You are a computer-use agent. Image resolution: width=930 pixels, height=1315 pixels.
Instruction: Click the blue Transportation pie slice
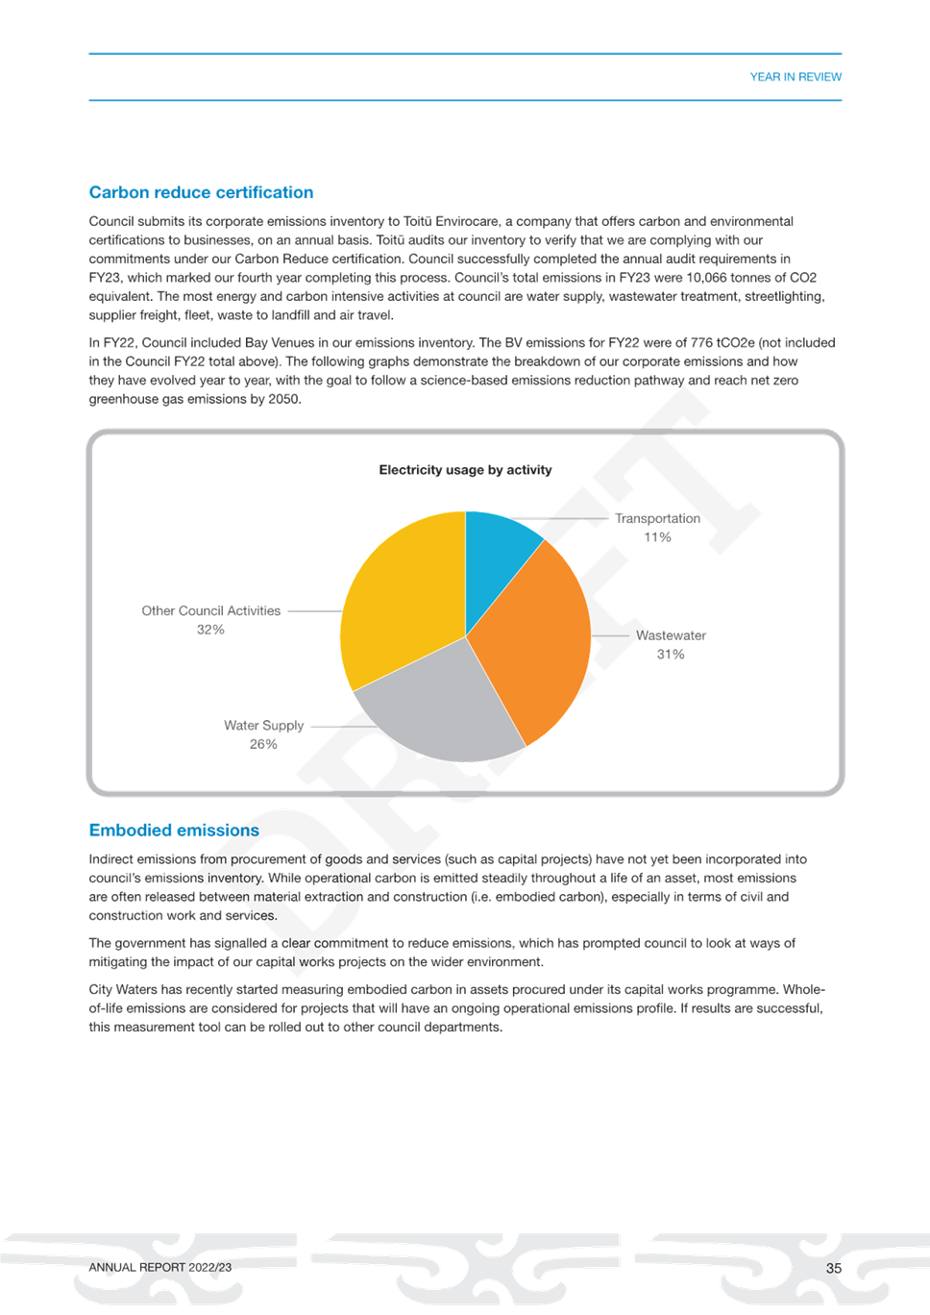click(x=498, y=558)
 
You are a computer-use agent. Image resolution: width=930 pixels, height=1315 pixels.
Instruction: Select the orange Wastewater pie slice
click(x=534, y=640)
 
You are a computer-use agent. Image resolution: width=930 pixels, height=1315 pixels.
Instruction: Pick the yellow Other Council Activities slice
click(x=399, y=599)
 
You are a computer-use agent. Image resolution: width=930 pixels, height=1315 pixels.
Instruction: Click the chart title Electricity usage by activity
click(x=465, y=470)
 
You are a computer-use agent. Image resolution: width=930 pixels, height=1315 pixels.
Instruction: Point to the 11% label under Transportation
click(x=657, y=537)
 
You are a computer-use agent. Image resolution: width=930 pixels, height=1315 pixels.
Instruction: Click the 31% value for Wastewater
click(x=671, y=654)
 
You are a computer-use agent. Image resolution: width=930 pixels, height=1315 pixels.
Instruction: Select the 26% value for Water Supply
click(x=263, y=744)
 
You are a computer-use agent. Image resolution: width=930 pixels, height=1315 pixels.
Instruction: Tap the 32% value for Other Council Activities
click(x=210, y=630)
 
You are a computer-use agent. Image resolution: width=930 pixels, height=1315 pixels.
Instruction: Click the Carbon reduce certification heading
click(x=201, y=192)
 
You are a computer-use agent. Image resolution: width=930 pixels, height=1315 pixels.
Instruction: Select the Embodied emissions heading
click(x=174, y=831)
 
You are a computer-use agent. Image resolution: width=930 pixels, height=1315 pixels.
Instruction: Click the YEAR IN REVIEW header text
click(x=795, y=77)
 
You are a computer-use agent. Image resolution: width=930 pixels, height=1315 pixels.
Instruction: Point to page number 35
click(x=834, y=1268)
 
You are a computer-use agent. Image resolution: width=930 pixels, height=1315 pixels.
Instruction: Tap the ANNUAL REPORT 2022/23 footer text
click(x=160, y=1268)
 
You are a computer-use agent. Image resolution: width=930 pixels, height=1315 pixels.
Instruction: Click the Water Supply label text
click(x=264, y=726)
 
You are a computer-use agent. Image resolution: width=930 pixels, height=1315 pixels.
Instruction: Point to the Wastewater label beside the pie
click(x=671, y=635)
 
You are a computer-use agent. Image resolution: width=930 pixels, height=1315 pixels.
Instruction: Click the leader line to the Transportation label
click(x=558, y=519)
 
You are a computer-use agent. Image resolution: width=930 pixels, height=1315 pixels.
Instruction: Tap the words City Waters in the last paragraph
click(x=123, y=989)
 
